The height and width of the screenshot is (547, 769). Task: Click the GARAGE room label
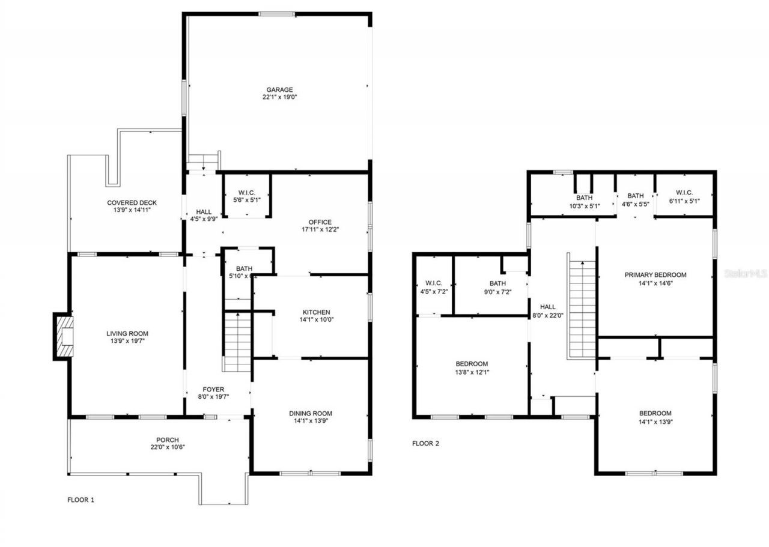(279, 90)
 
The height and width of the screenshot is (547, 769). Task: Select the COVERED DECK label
(132, 203)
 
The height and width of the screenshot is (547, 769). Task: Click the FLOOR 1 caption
(81, 500)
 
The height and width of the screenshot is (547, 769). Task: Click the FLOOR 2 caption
(425, 444)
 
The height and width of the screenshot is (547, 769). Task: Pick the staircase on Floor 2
(582, 309)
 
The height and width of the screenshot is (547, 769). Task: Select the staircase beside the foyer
(237, 341)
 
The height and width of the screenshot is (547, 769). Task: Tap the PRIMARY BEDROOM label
(655, 275)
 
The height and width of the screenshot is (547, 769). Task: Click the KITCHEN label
(316, 312)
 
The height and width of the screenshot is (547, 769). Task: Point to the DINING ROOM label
(310, 413)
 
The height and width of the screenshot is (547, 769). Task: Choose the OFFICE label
(320, 222)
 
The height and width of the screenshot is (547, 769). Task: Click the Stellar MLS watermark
(746, 273)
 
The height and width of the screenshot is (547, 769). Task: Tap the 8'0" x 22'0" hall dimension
(548, 315)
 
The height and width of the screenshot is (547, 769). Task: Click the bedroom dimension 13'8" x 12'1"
(472, 372)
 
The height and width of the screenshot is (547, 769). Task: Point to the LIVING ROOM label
(127, 334)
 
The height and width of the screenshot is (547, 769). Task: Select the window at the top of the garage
(276, 14)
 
